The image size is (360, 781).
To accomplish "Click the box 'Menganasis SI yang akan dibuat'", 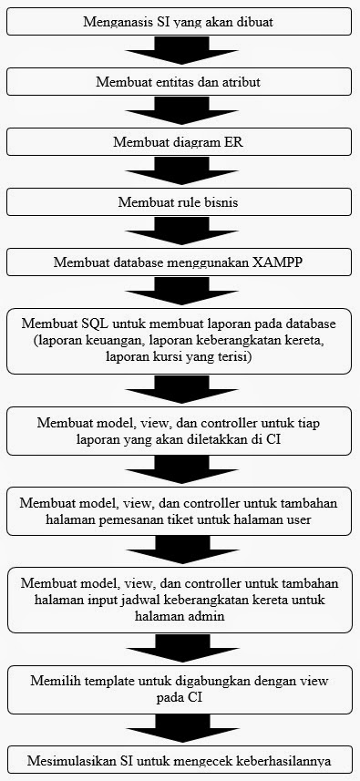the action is click(x=180, y=21).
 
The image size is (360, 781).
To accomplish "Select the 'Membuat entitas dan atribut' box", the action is click(x=180, y=82).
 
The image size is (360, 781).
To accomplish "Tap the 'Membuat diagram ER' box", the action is click(x=180, y=142).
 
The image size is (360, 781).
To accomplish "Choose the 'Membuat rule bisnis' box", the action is click(x=180, y=202).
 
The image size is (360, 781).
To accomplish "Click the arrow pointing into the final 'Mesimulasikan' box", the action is click(x=180, y=731).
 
